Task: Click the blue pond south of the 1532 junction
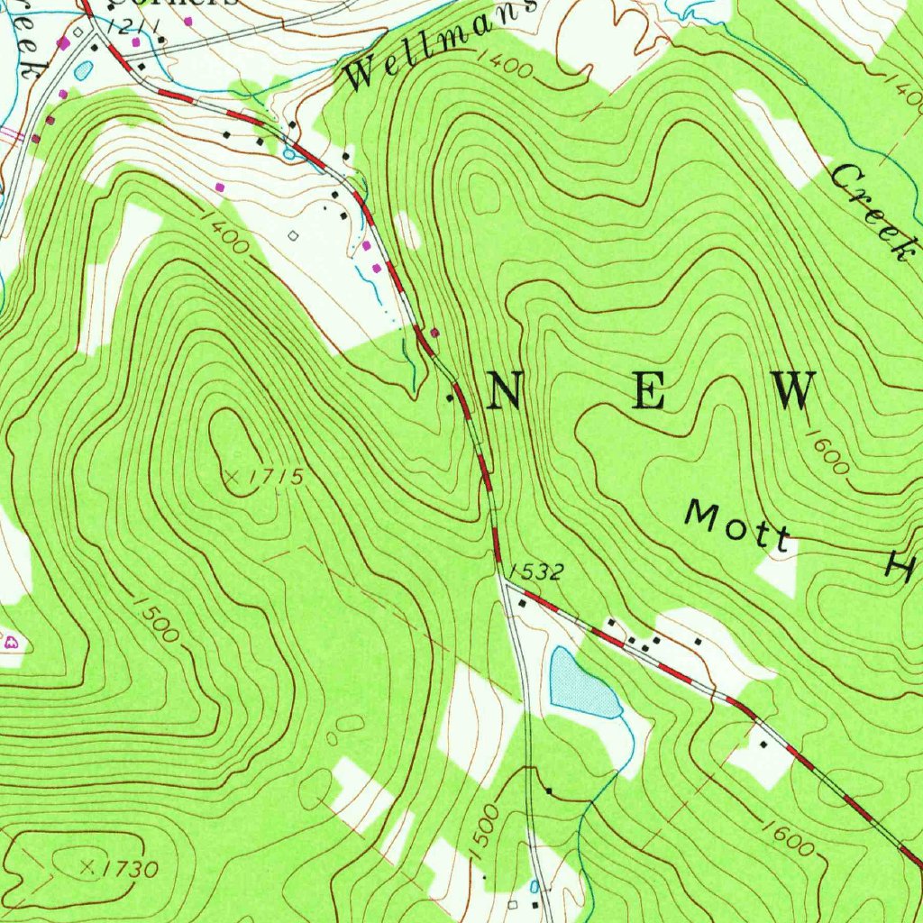click(x=582, y=683)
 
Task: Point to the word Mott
click(x=736, y=525)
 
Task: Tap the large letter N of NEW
click(x=504, y=391)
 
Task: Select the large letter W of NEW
click(x=794, y=391)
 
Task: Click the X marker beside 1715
click(x=233, y=475)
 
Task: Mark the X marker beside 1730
click(x=87, y=867)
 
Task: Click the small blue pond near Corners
click(x=83, y=68)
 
